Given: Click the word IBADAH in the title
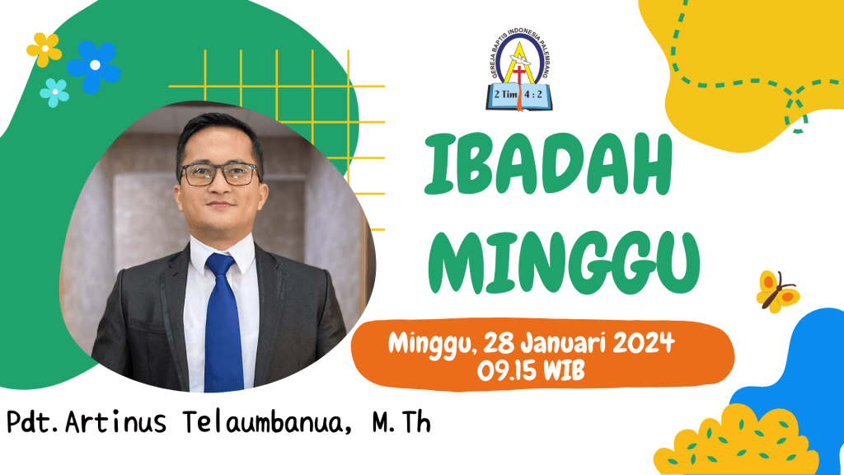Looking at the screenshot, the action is [548, 165].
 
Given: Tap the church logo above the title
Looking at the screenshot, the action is [518, 71].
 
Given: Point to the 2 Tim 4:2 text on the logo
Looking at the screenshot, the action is [518, 94].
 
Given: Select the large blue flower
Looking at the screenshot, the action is [94, 66].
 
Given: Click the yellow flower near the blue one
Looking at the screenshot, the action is [45, 49].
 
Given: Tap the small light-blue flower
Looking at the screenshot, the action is [54, 92].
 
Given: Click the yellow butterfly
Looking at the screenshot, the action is [777, 292].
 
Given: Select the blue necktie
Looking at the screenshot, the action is [223, 323].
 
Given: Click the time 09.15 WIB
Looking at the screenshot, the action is [531, 370].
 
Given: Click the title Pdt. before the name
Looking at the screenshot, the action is [33, 421].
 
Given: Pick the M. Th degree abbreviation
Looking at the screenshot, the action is [401, 422].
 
